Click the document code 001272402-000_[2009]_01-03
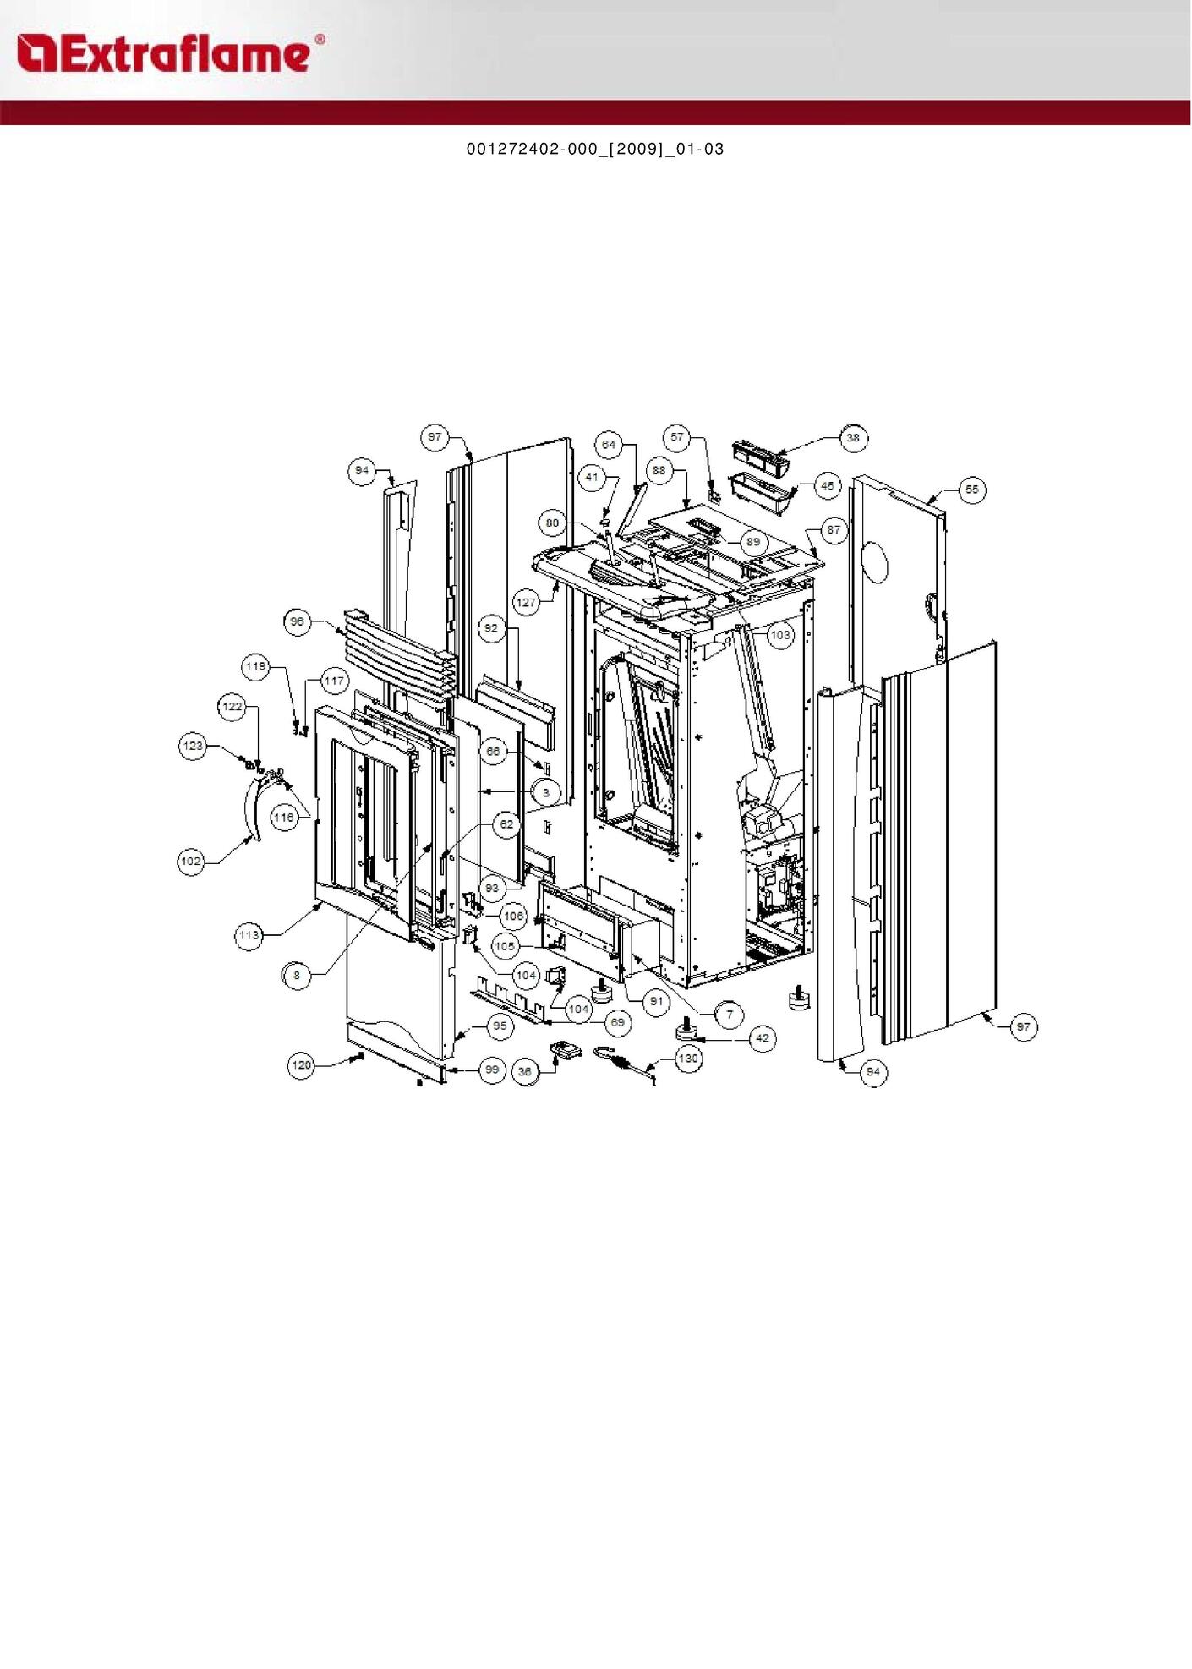[x=595, y=149]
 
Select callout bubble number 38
[x=853, y=438]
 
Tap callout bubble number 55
[x=972, y=490]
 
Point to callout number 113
[x=249, y=935]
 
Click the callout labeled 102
[x=191, y=862]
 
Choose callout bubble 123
[x=193, y=746]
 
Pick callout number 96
[x=297, y=621]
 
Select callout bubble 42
[x=763, y=1038]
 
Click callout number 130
[x=689, y=1059]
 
